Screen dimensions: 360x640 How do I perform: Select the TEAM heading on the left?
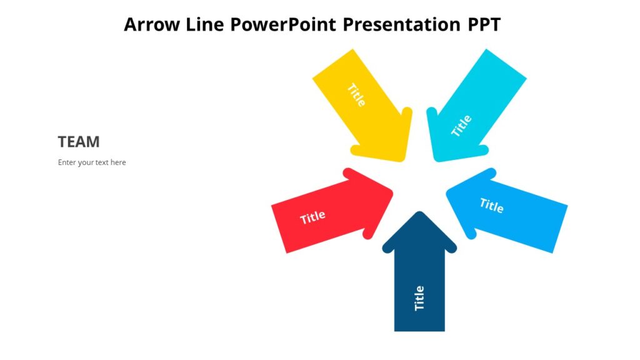(x=79, y=142)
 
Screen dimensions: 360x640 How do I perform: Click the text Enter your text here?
(x=92, y=162)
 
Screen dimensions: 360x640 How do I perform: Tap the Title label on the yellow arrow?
(x=356, y=95)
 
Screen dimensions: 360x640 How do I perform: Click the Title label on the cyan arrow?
(x=462, y=126)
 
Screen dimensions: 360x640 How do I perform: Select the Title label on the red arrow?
(x=312, y=217)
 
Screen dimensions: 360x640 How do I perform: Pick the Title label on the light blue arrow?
(x=491, y=205)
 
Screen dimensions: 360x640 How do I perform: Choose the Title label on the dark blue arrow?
(x=419, y=298)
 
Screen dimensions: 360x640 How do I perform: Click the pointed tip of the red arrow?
(x=391, y=191)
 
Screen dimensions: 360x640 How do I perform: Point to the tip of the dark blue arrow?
(x=419, y=214)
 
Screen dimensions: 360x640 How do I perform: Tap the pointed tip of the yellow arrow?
(x=404, y=159)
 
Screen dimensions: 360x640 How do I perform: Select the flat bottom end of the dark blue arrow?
(x=419, y=329)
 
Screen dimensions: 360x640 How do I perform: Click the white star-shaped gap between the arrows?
(x=419, y=181)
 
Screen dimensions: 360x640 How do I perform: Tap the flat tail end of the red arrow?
(x=279, y=229)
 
